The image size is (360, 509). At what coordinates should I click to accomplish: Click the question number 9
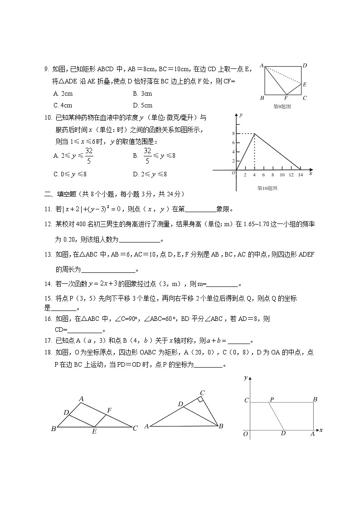46,69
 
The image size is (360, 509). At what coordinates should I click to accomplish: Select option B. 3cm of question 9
142,93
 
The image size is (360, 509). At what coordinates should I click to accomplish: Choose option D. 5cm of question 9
142,105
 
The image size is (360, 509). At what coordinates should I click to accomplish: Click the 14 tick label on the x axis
300,175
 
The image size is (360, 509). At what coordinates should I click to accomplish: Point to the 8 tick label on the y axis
233,134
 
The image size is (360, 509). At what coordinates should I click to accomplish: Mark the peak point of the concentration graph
254,133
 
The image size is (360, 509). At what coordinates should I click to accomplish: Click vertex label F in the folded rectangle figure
286,98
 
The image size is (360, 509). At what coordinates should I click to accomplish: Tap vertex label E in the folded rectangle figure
305,84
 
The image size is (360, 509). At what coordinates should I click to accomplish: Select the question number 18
47,352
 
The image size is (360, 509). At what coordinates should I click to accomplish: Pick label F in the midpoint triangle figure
109,411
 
